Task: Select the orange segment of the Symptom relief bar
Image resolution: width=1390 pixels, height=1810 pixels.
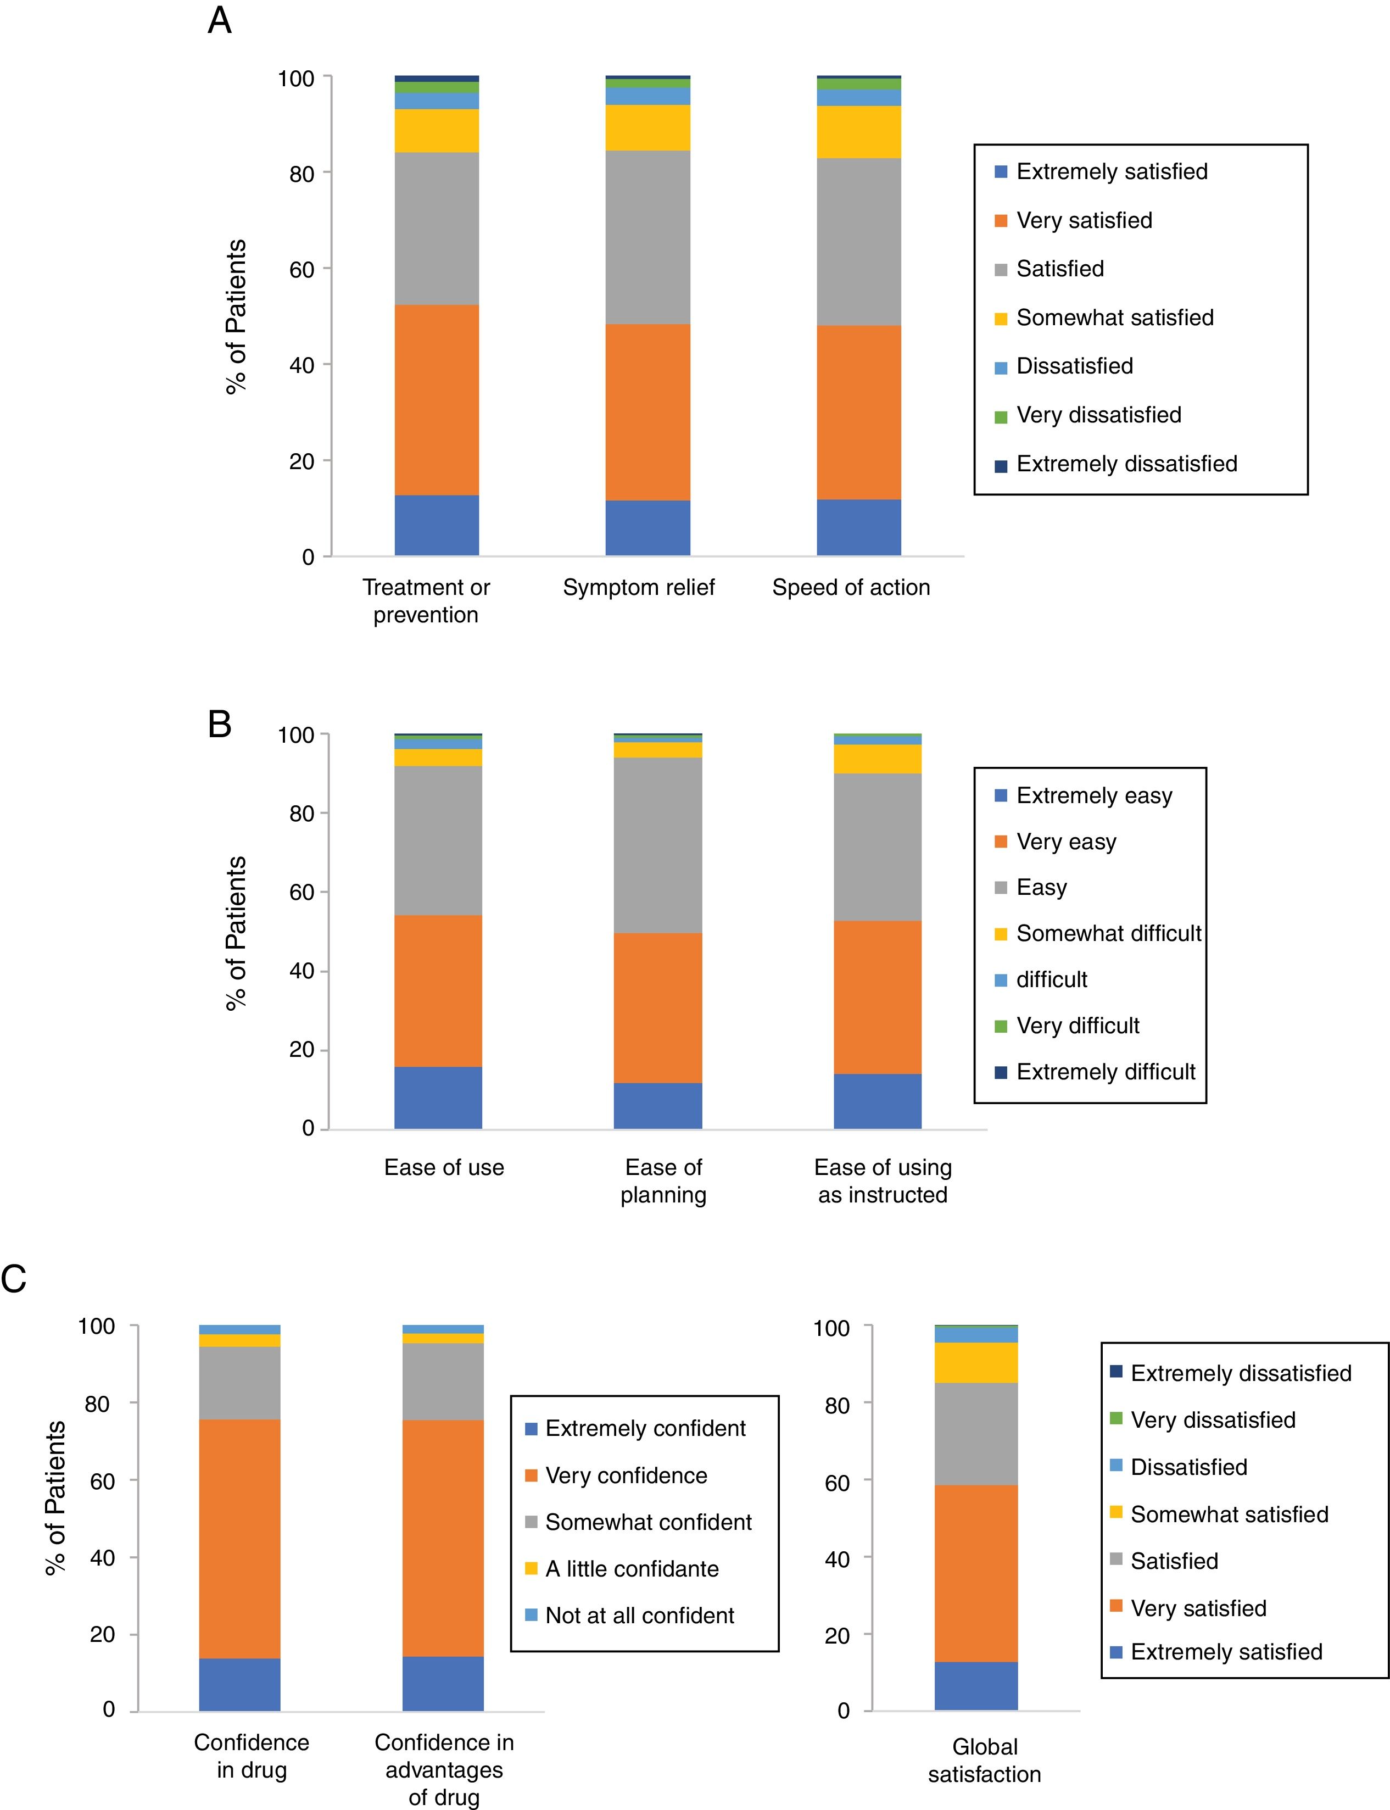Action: [x=648, y=411]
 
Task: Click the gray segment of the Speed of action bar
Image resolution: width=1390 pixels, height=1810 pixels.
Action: [x=859, y=242]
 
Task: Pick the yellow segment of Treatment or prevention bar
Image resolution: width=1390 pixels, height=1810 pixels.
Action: [x=437, y=131]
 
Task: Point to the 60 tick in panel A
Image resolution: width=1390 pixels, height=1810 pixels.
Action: [x=302, y=269]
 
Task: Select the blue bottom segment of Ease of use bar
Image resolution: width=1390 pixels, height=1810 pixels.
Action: [x=438, y=1098]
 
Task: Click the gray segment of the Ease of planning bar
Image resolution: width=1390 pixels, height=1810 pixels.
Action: [x=658, y=845]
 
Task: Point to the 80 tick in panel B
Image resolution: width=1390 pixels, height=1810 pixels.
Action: [x=302, y=814]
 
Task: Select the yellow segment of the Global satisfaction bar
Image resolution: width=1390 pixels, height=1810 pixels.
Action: [x=976, y=1362]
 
